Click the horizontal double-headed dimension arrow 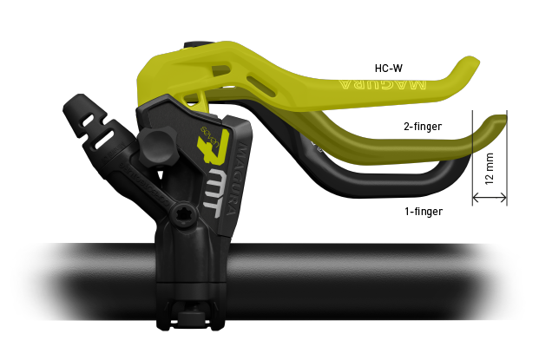click(x=489, y=199)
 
